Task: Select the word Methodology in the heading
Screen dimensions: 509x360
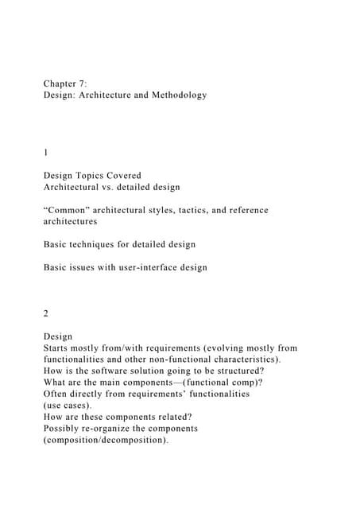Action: click(176, 95)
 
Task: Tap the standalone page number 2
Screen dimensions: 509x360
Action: click(46, 313)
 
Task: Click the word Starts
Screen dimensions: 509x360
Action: click(60, 348)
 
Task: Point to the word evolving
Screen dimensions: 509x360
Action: click(206, 348)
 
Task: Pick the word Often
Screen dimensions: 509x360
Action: click(58, 394)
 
